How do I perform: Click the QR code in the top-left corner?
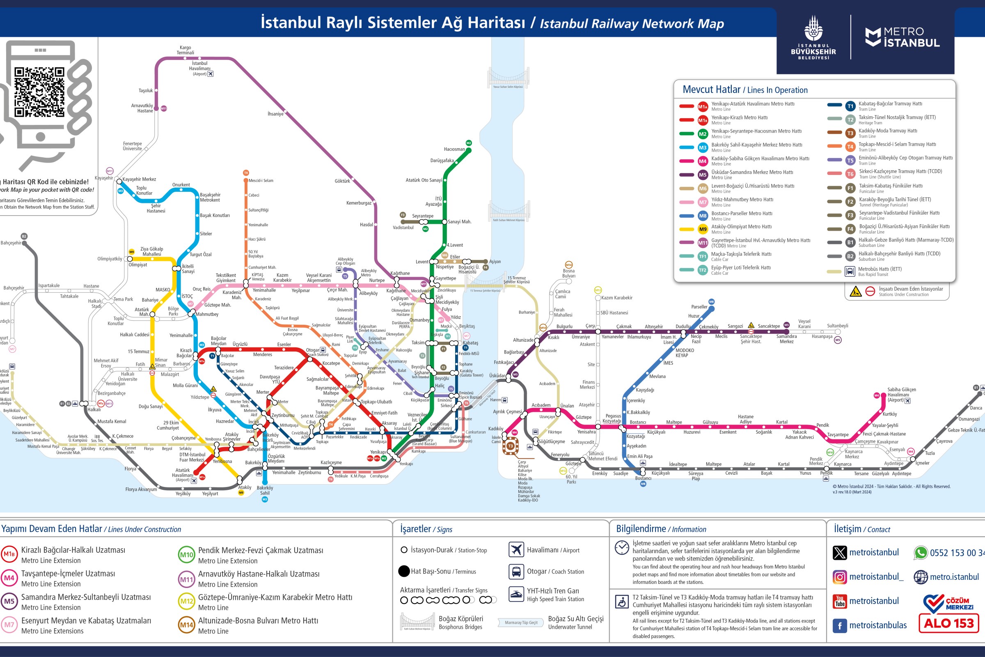39,92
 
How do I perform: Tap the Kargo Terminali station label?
185,50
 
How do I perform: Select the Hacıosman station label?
454,149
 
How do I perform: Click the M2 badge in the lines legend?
702,134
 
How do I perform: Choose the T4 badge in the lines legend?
850,147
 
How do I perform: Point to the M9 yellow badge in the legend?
702,229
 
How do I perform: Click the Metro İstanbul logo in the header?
902,37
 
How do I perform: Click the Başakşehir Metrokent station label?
210,198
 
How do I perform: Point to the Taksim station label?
418,343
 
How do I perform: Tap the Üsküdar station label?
497,375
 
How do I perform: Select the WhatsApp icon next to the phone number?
921,553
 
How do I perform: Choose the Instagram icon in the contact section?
839,577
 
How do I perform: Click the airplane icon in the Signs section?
516,550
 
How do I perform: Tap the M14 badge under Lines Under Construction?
186,625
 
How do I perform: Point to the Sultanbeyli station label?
837,326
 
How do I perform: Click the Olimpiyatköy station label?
110,259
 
